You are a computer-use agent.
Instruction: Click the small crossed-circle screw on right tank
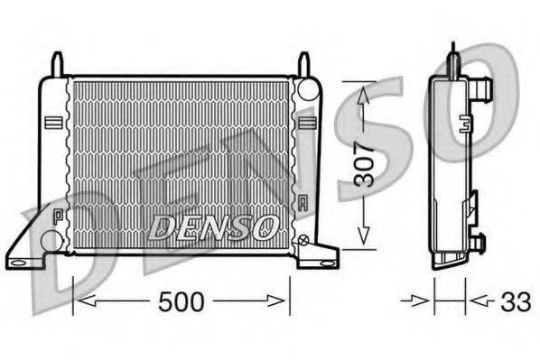click(304, 240)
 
